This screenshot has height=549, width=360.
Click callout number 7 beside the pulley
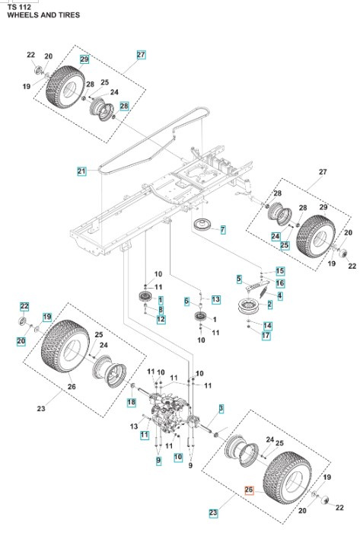pyautogui.click(x=223, y=229)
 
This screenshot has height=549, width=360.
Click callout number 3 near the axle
pyautogui.click(x=221, y=409)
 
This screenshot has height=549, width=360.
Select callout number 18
pyautogui.click(x=131, y=401)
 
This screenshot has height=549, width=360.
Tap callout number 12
pyautogui.click(x=161, y=320)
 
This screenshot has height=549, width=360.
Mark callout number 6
pyautogui.click(x=186, y=302)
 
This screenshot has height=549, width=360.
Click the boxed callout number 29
pyautogui.click(x=84, y=59)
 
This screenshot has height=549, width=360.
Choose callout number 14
pyautogui.click(x=267, y=325)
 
